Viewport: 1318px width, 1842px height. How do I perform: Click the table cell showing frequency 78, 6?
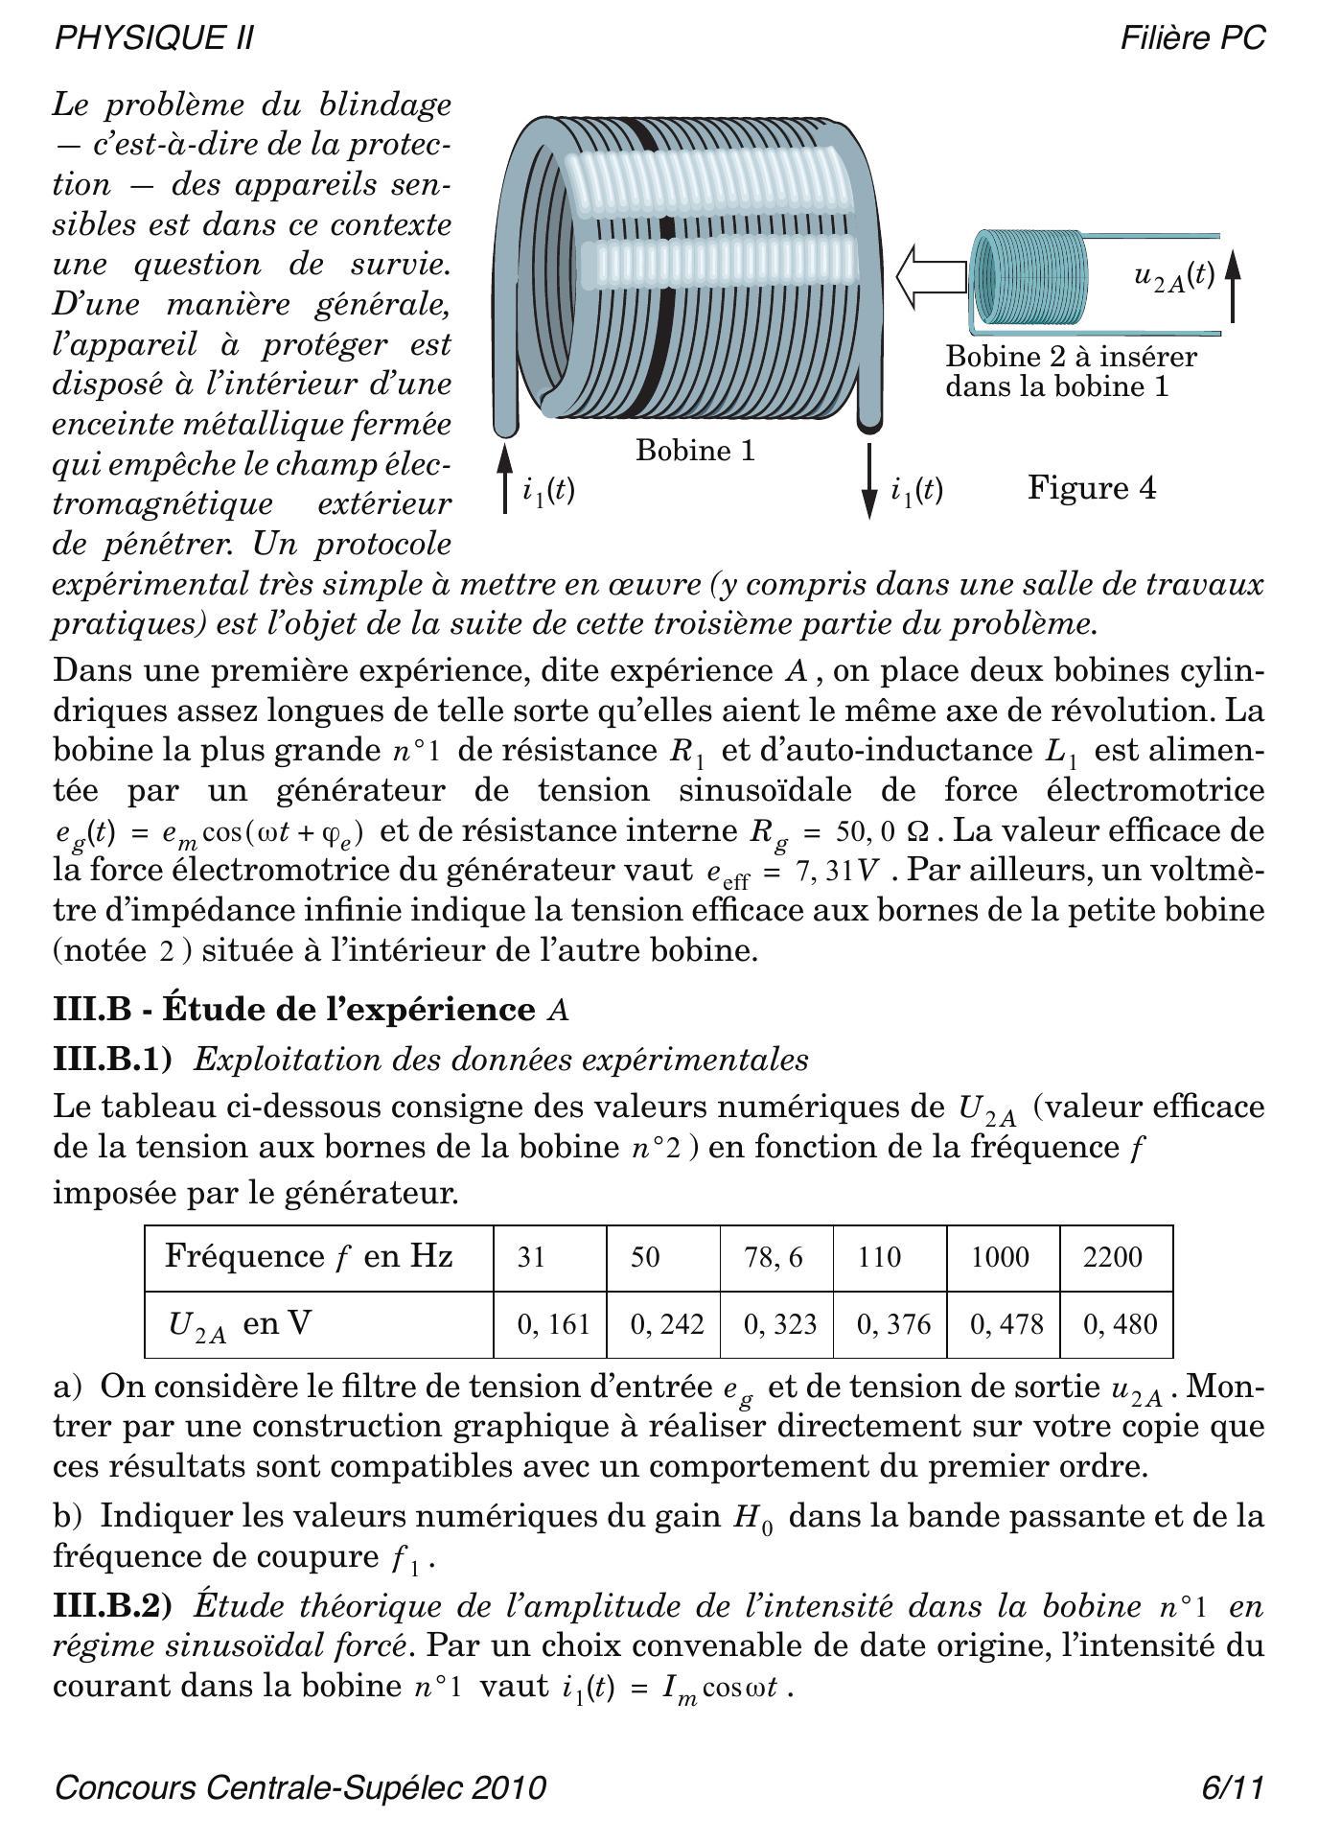(x=775, y=1257)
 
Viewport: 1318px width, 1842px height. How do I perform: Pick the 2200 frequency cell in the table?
(x=1115, y=1257)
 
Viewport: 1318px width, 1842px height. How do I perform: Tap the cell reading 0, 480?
(x=1119, y=1324)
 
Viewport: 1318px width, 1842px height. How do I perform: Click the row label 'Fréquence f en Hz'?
(x=309, y=1256)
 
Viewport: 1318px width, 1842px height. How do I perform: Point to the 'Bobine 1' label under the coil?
(x=695, y=450)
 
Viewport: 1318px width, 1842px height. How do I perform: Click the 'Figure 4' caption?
(x=1092, y=488)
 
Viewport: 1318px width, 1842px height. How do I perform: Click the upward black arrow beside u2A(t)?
(x=1233, y=284)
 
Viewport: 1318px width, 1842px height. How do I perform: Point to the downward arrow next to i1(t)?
(x=869, y=481)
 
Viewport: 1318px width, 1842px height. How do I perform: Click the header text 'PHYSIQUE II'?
(x=154, y=38)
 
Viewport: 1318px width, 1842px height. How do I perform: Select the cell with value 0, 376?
(x=892, y=1324)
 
